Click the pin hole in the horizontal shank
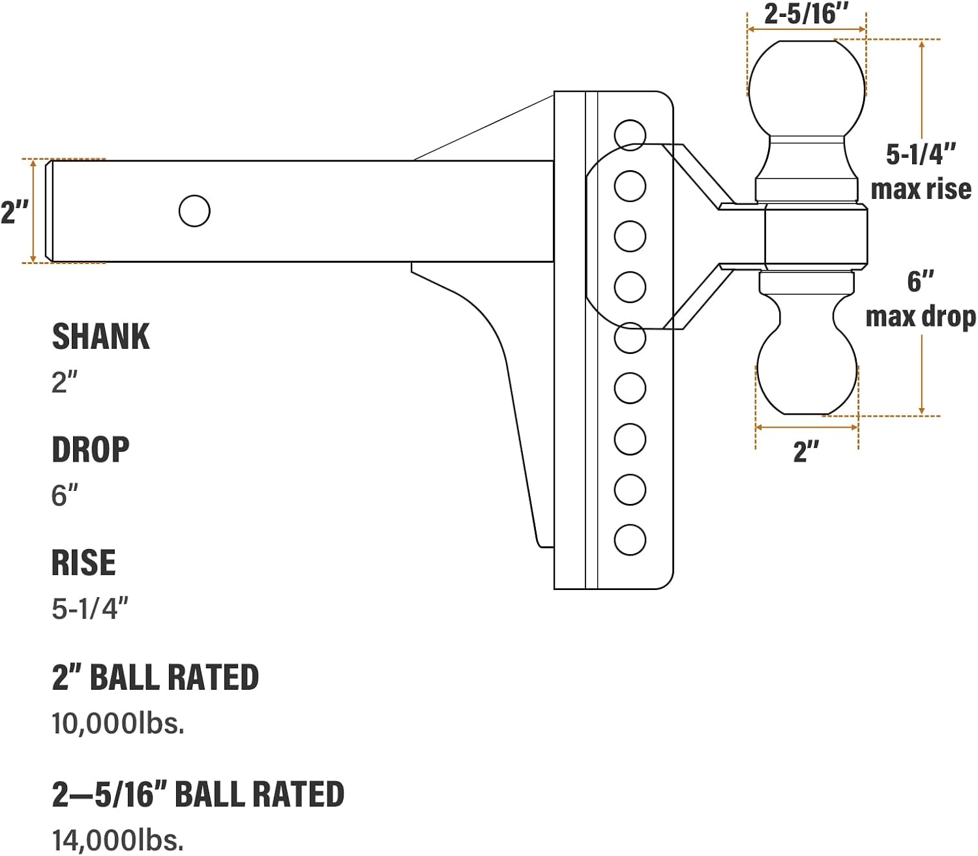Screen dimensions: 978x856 [194, 211]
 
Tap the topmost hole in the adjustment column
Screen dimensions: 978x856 [630, 135]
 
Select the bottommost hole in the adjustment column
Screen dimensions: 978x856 [630, 540]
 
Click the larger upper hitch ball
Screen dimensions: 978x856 [807, 89]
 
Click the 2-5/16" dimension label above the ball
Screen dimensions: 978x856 [807, 14]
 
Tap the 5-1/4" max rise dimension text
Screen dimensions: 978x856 [921, 172]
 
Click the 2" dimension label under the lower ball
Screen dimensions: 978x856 [807, 451]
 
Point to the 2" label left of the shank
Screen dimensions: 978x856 [15, 213]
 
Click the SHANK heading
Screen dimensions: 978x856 [101, 336]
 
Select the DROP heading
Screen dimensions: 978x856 [91, 449]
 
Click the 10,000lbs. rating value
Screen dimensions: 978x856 [117, 723]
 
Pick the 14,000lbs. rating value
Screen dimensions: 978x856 [117, 840]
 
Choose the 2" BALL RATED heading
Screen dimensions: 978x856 [155, 677]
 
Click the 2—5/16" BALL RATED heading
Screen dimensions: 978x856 [198, 794]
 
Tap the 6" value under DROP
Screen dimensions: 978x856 [65, 495]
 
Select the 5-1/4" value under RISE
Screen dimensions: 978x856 [90, 608]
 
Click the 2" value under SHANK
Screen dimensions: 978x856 [65, 382]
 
